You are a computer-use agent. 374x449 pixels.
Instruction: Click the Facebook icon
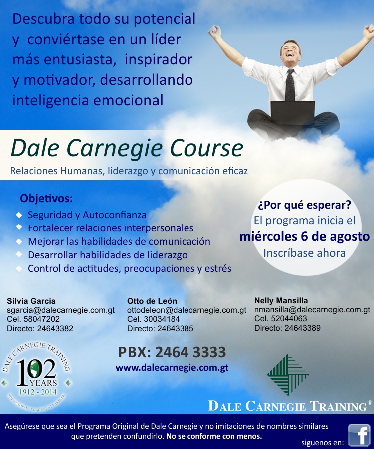pyautogui.click(x=359, y=435)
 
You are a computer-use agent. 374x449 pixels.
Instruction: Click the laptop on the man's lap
pyautogui.click(x=292, y=113)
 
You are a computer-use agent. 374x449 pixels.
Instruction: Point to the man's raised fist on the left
pyautogui.click(x=214, y=32)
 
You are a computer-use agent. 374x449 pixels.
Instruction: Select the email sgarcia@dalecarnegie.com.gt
pyautogui.click(x=61, y=310)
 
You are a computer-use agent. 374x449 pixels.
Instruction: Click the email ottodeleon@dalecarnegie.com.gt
pyautogui.click(x=187, y=310)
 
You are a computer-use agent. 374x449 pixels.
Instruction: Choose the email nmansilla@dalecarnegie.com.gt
pyautogui.click(x=312, y=309)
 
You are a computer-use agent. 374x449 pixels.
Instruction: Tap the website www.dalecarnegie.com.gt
pyautogui.click(x=172, y=368)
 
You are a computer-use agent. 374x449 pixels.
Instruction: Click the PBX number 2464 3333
pyautogui.click(x=190, y=352)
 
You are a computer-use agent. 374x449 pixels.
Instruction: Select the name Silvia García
pyautogui.click(x=31, y=301)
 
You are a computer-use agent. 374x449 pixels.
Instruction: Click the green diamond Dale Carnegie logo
pyautogui.click(x=288, y=375)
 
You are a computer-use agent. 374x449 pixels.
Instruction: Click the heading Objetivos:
pyautogui.click(x=46, y=198)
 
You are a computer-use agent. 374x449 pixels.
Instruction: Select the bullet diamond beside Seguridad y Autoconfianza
pyautogui.click(x=19, y=215)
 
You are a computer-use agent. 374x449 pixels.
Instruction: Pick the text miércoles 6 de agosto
pyautogui.click(x=305, y=237)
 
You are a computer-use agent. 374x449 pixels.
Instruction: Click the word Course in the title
pyautogui.click(x=206, y=148)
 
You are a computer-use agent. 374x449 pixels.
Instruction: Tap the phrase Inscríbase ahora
pyautogui.click(x=305, y=253)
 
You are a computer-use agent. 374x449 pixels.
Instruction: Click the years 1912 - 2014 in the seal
pyautogui.click(x=38, y=392)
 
